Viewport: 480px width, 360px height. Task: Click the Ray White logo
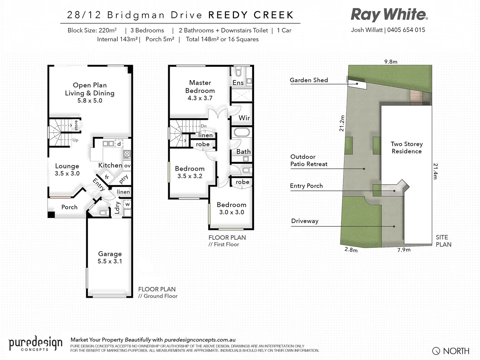[x=389, y=15]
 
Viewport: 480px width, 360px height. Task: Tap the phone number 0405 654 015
[x=406, y=30]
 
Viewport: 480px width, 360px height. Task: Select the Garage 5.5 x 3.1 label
[x=110, y=257]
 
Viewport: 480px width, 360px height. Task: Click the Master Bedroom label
[x=200, y=87]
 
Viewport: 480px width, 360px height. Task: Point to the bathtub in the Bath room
[x=242, y=132]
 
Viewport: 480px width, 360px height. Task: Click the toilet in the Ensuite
[x=238, y=72]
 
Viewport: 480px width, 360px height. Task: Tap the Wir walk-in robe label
[x=244, y=118]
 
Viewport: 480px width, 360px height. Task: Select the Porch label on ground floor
[x=69, y=207]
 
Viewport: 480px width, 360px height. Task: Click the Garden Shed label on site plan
[x=309, y=80]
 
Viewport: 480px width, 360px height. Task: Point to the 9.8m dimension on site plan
[x=391, y=62]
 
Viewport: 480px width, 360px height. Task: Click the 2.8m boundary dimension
[x=351, y=250]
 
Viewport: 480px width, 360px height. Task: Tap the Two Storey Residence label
[x=407, y=147]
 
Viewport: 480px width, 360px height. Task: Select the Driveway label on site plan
[x=305, y=221]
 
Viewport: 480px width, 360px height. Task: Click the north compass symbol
[x=436, y=351]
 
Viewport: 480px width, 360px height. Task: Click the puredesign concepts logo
[x=35, y=343]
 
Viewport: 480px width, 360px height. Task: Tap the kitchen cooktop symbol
[x=127, y=154]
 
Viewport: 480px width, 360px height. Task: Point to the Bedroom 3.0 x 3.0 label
[x=231, y=208]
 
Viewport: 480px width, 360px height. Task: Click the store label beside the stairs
[x=76, y=125]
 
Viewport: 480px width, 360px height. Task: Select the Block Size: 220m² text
[x=92, y=30]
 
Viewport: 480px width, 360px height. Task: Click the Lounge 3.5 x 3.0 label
[x=67, y=169]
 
